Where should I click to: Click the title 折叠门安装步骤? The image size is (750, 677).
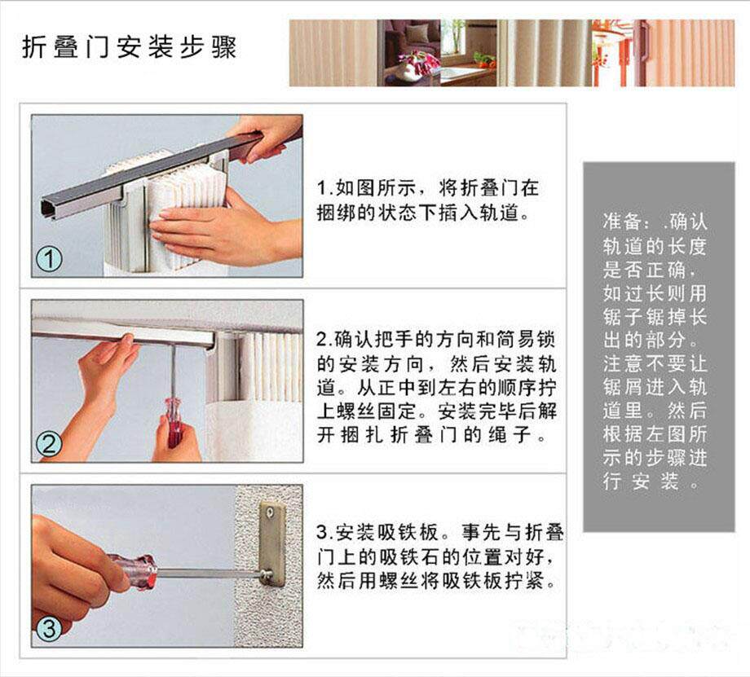point(129,47)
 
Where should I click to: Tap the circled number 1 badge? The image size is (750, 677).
point(49,260)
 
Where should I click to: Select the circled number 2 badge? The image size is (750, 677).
point(49,444)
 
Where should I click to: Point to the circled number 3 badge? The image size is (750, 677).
point(49,628)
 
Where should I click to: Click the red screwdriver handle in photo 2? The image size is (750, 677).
point(174,421)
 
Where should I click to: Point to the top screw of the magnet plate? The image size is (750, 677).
point(271,512)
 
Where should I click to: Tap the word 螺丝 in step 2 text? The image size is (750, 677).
point(356,411)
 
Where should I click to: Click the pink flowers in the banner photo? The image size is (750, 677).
point(420,61)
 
